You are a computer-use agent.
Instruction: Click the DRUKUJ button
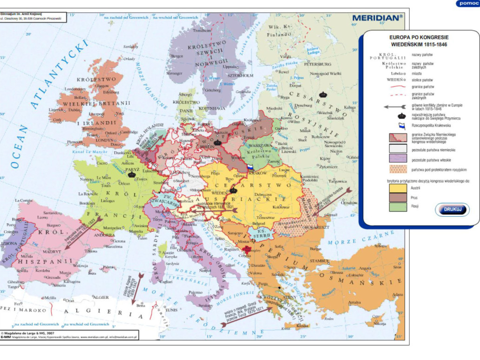[x=452, y=209]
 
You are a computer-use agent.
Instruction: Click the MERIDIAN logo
[x=377, y=18]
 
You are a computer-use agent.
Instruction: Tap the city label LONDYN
[x=104, y=140]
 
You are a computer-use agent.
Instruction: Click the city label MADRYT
[x=52, y=251]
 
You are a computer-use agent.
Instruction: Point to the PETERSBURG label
[x=317, y=64]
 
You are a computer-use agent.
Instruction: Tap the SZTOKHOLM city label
[x=240, y=75]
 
